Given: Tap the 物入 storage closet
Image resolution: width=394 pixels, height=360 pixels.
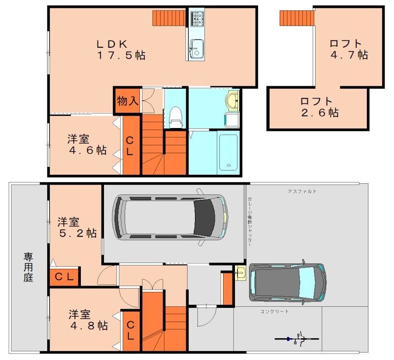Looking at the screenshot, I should pyautogui.click(x=128, y=101).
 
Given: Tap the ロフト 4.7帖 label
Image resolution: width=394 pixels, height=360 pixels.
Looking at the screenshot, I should pyautogui.click(x=349, y=49).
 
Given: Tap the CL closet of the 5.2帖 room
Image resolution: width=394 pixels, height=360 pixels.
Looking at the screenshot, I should pyautogui.click(x=64, y=277).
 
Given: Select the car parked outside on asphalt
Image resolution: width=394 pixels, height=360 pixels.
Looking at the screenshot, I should pyautogui.click(x=288, y=282).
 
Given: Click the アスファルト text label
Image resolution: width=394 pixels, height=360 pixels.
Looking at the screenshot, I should pyautogui.click(x=302, y=191).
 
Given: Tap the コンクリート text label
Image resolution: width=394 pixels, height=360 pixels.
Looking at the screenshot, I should pyautogui.click(x=275, y=311).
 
